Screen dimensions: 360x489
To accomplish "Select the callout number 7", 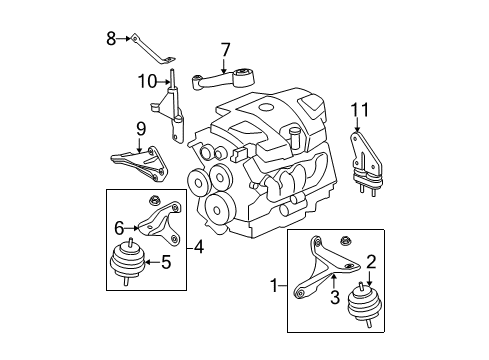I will click(x=225, y=48).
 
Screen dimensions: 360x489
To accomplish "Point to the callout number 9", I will click(x=141, y=128).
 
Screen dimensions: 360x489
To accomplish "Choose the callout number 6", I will click(x=118, y=228).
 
